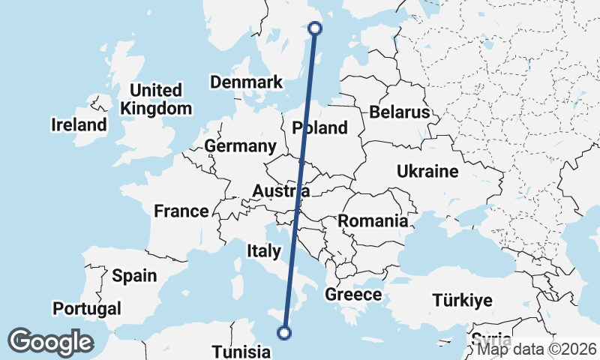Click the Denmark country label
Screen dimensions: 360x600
pos(246,82)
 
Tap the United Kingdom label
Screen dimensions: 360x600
pos(156,99)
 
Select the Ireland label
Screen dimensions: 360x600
pos(79,124)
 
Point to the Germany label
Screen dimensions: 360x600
pos(240,146)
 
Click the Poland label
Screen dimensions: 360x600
pos(320,127)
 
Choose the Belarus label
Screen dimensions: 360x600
pos(399,112)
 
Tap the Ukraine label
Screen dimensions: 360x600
pos(427,172)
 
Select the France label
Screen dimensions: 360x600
pos(181,211)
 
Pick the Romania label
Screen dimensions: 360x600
pos(373,221)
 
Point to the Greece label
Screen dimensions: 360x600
pos(353,295)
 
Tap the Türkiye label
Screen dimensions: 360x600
pos(463,301)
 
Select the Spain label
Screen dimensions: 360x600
pos(134,275)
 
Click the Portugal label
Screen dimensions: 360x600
pos(87,308)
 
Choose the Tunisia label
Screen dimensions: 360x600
pos(241,352)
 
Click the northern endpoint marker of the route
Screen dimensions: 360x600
pos(315,28)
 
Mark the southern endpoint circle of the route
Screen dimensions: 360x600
pos(284,333)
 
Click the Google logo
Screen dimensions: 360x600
pos(50,342)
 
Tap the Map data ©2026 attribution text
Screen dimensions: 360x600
pos(537,348)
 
